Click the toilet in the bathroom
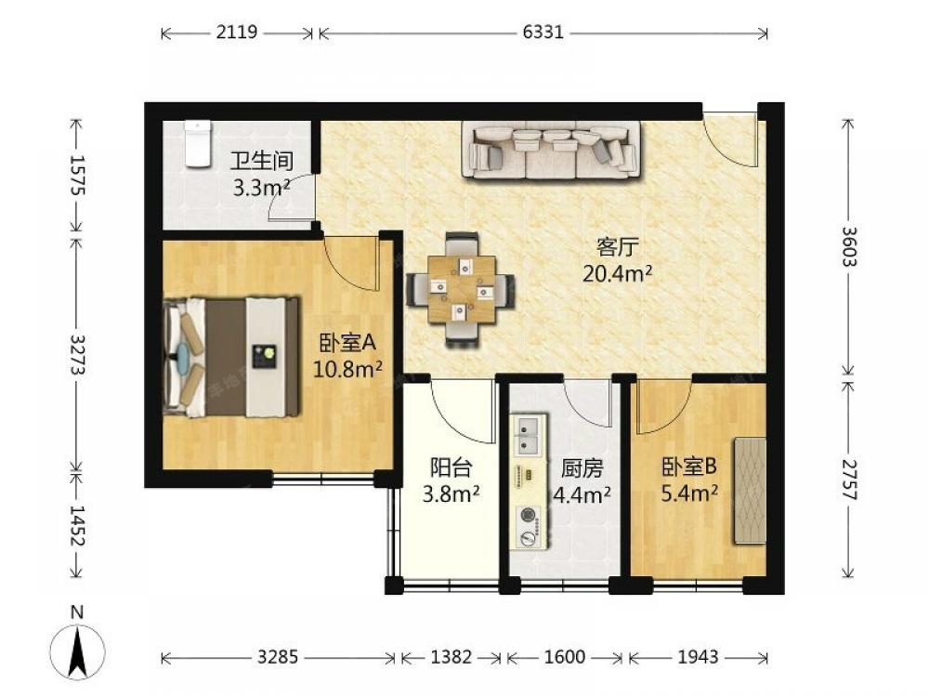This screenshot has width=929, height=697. click(197, 144)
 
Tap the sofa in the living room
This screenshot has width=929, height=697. click(551, 150)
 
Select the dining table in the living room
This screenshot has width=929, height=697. click(462, 289)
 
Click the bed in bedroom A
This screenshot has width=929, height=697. click(231, 358)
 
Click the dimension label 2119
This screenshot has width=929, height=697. click(236, 32)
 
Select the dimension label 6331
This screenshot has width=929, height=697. click(543, 32)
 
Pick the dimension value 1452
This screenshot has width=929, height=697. click(77, 525)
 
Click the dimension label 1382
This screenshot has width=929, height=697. click(451, 657)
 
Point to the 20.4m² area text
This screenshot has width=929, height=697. click(618, 274)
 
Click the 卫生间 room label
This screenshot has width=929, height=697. click(261, 161)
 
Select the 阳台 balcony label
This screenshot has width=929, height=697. click(451, 467)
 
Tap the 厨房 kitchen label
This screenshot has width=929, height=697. click(582, 468)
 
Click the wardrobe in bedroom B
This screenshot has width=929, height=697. click(750, 491)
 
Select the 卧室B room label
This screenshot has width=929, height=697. click(689, 467)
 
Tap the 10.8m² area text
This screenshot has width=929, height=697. click(347, 369)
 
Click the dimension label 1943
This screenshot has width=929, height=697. click(698, 657)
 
